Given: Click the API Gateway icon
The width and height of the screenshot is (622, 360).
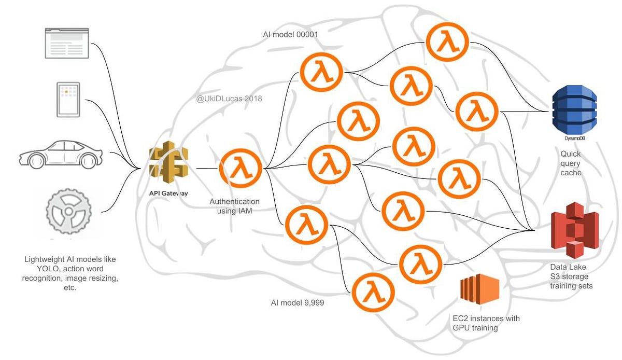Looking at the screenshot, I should (168, 164).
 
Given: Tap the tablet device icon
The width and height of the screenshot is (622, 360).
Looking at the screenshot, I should (68, 100).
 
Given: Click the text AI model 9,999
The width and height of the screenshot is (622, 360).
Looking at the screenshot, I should (298, 302).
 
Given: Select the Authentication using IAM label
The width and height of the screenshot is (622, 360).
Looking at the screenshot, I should (234, 205).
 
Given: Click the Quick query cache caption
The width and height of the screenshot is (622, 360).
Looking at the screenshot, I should (570, 163).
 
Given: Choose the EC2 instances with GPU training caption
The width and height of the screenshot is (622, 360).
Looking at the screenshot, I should (486, 322).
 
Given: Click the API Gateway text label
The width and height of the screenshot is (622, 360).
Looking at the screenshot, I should (168, 193).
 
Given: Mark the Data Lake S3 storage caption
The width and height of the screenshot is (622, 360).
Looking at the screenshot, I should (571, 276).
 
